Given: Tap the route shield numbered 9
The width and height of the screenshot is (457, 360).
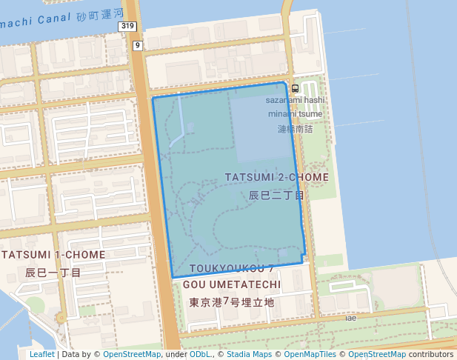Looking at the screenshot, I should (137, 46).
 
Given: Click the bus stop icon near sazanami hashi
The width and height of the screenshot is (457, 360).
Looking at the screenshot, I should (296, 88).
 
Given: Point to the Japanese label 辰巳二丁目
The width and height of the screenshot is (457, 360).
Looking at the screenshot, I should (276, 196).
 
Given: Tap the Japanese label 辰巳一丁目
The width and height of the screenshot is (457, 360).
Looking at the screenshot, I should (53, 273).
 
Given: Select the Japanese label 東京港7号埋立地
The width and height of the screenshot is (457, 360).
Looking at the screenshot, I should (231, 302).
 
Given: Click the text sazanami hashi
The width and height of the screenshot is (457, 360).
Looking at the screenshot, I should (296, 100).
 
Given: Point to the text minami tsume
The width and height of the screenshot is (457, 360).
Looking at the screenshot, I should (296, 114).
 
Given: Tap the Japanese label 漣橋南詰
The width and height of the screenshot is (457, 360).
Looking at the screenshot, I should (296, 129).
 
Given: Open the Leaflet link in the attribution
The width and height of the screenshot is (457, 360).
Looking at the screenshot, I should (41, 355).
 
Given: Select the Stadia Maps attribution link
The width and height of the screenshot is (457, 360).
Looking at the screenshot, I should (249, 355).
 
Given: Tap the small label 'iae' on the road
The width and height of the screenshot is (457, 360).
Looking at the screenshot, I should (350, 318).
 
